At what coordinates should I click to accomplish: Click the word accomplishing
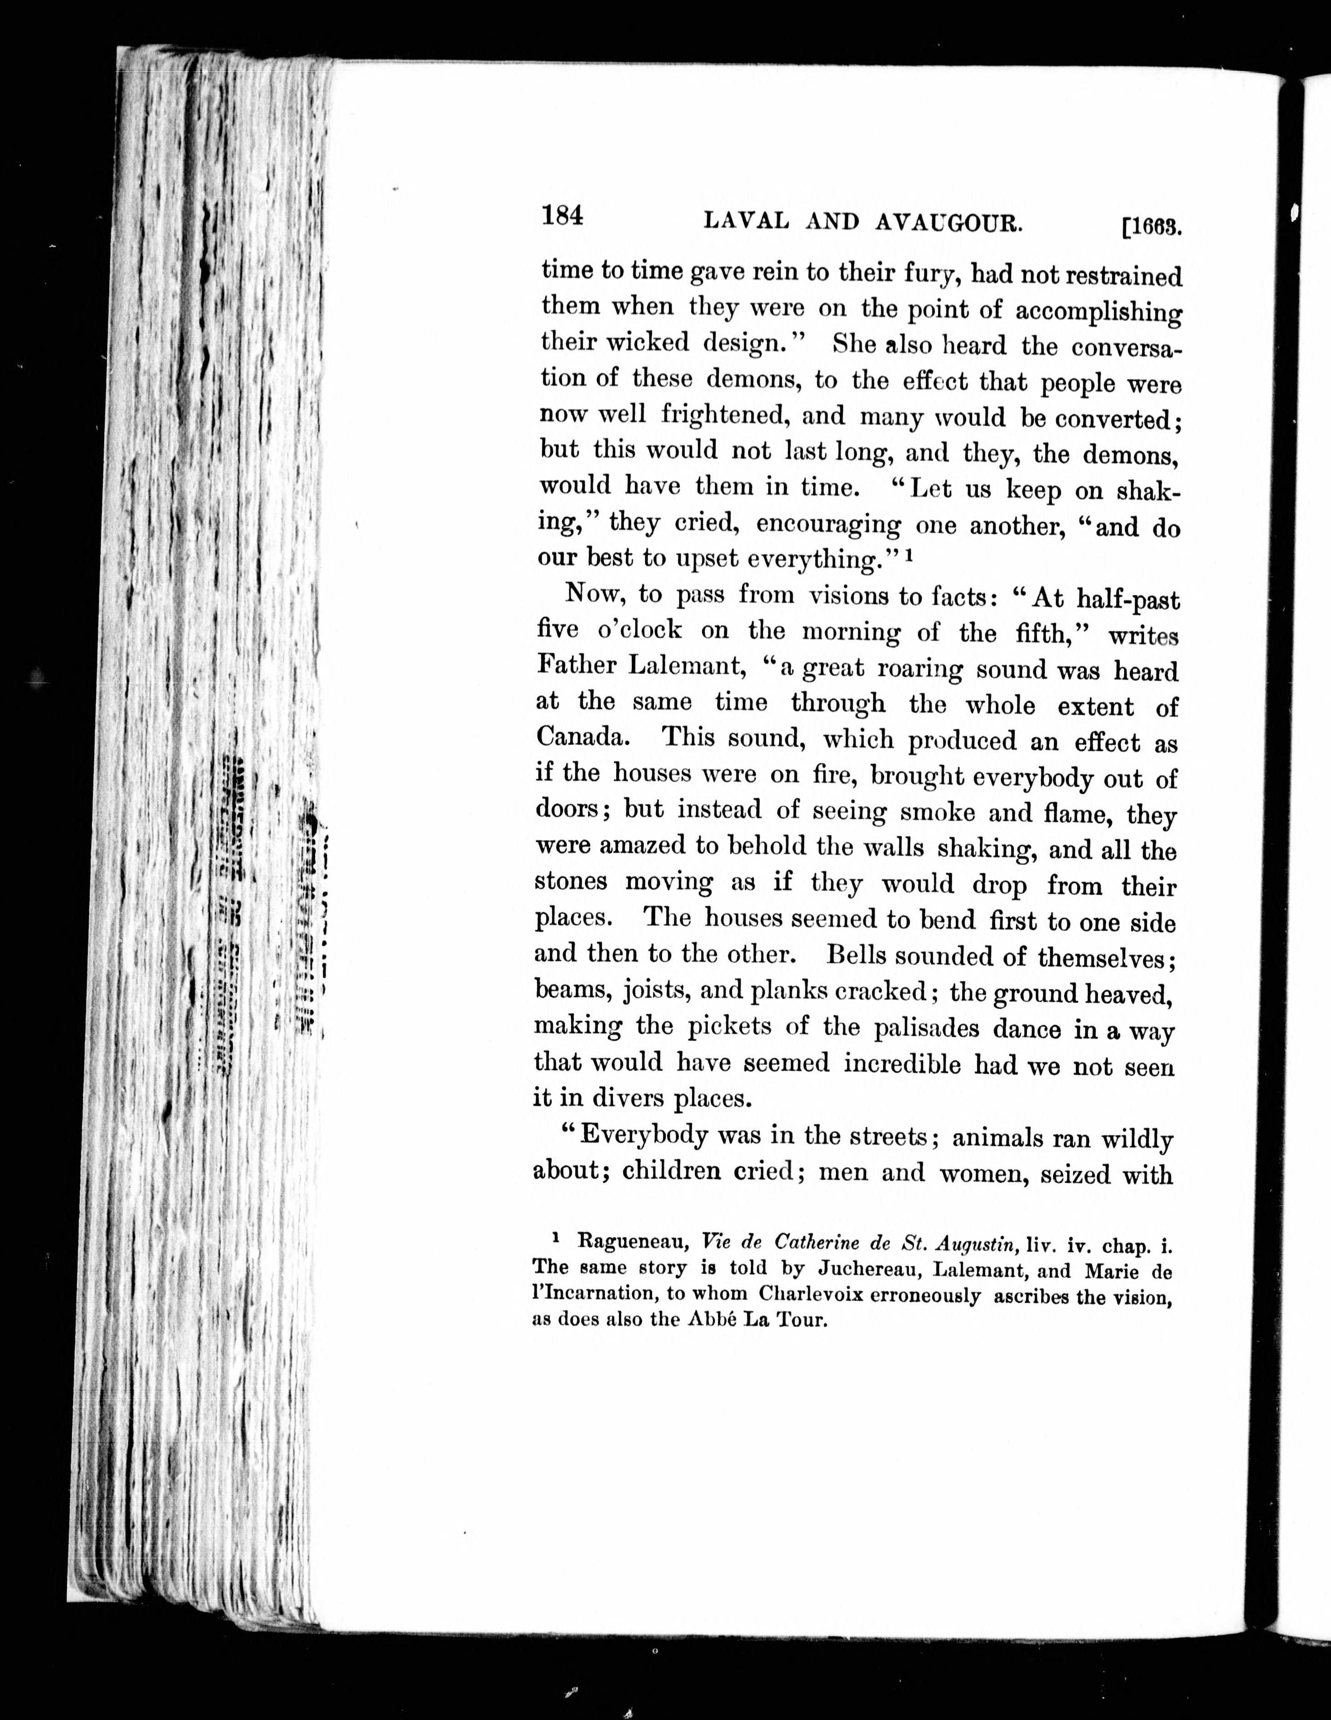click(x=1098, y=311)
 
